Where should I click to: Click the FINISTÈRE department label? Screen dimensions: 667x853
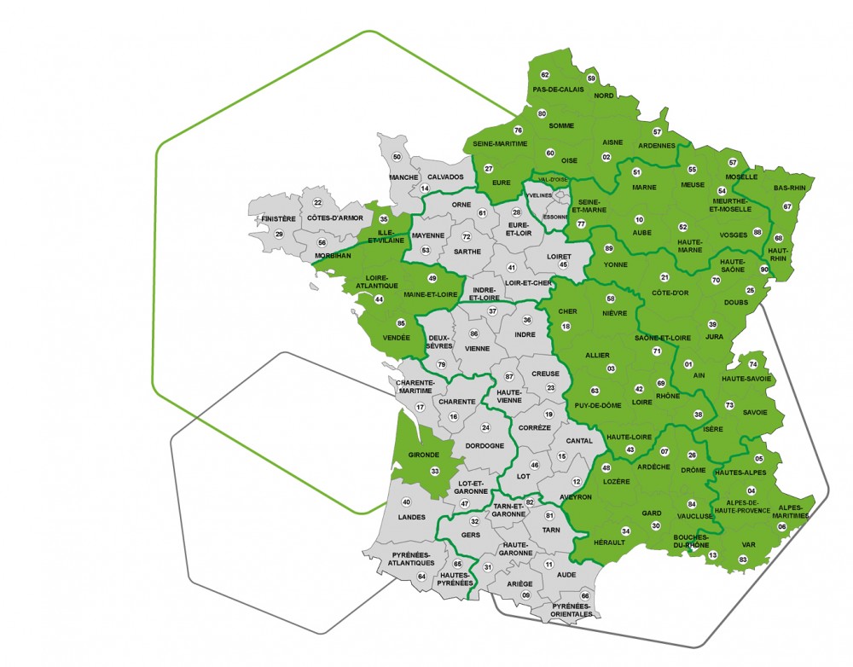tap(279, 218)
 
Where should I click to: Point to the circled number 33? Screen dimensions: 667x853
tap(435, 471)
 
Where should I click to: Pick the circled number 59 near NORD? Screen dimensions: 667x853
tap(592, 78)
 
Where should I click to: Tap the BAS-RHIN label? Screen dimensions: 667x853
tap(789, 186)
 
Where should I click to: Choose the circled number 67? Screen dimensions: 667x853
tap(787, 206)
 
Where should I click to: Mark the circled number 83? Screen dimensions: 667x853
tap(743, 560)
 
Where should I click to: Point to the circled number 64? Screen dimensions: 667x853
tap(421, 577)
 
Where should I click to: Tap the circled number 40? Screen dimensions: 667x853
tap(406, 502)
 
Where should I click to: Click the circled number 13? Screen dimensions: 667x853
tap(713, 555)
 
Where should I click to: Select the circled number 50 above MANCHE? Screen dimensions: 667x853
tap(397, 157)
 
